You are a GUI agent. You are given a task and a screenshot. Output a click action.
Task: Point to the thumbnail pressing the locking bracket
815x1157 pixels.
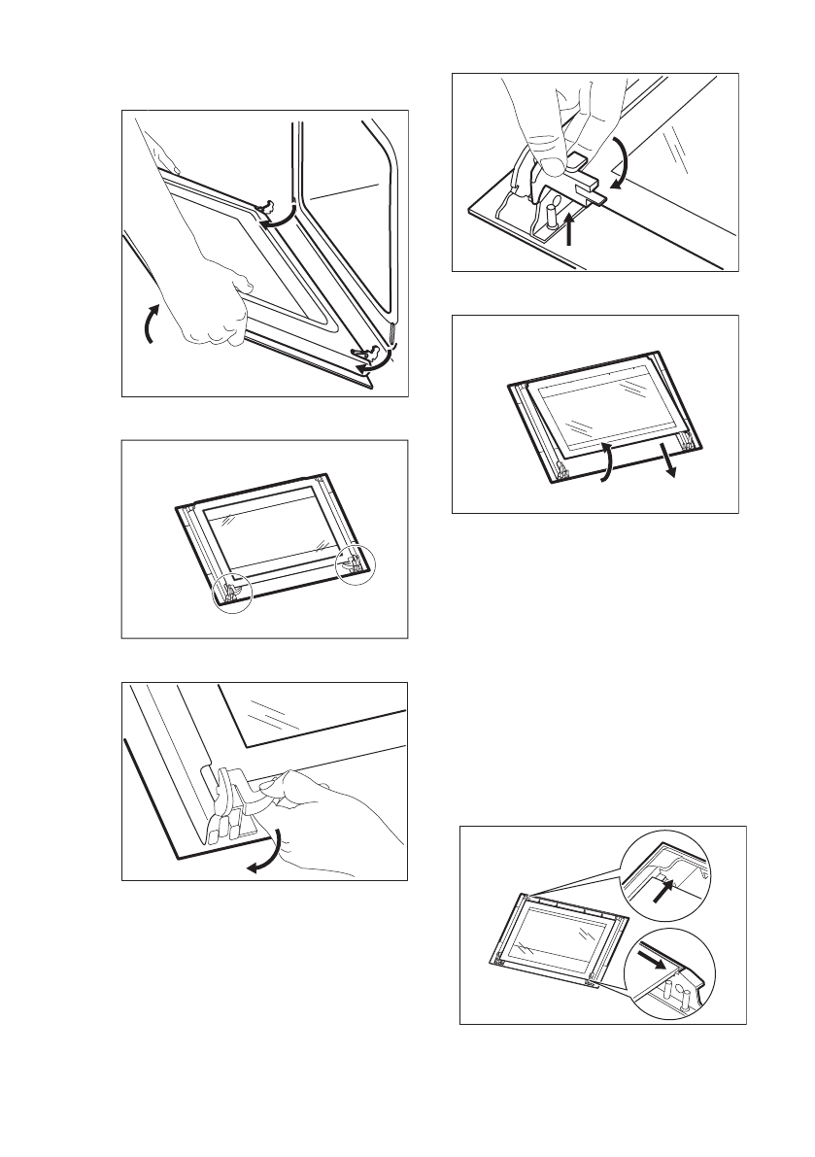(551, 164)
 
